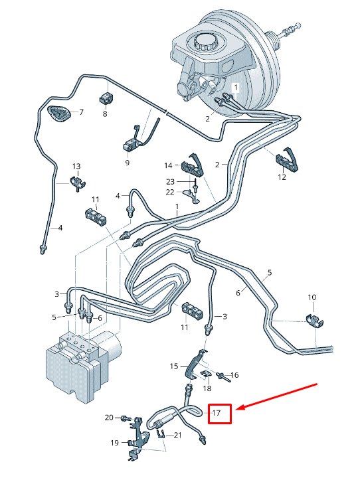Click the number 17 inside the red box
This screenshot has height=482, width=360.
click(217, 413)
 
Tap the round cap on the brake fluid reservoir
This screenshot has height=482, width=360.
click(205, 42)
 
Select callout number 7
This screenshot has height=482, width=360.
click(81, 112)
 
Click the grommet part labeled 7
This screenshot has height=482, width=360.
click(58, 114)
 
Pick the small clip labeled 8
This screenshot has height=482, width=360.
click(106, 98)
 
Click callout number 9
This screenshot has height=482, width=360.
click(128, 162)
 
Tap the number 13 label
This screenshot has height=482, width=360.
click(76, 166)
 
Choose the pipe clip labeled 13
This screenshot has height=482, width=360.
click(78, 183)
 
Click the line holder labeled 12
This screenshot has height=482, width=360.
click(286, 160)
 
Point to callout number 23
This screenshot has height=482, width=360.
click(170, 182)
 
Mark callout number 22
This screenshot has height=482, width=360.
click(170, 192)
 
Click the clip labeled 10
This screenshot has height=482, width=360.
click(314, 320)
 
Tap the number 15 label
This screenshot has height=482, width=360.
click(174, 366)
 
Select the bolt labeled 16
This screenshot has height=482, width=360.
click(223, 376)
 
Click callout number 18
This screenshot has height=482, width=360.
click(207, 388)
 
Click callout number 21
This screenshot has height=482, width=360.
click(178, 435)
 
